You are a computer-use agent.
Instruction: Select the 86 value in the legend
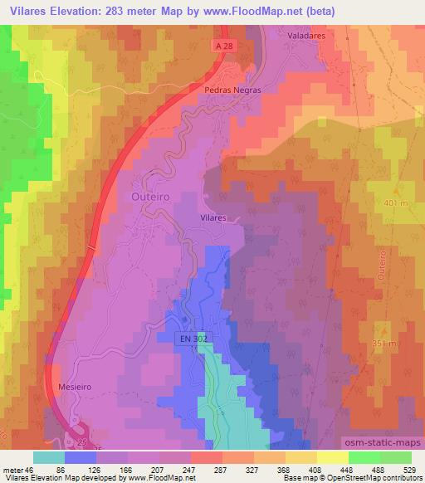[x=71, y=470]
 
